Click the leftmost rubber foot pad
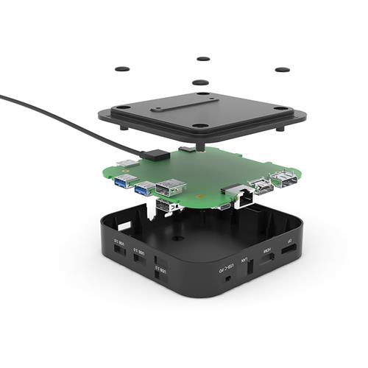pos(122,68)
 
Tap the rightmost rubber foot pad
pos(282,70)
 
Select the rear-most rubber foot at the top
pos(203,58)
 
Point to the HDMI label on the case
pos(268,251)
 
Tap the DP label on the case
pos(290,244)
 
